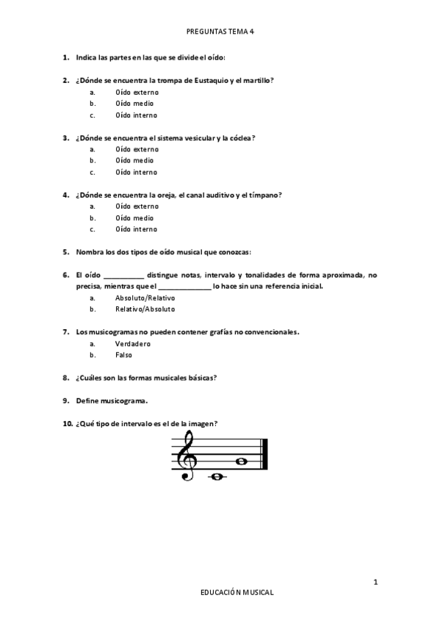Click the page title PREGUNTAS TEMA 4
[220, 32]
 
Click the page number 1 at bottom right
[375, 583]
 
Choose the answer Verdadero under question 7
[133, 343]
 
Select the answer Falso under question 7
[124, 355]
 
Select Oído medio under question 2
[134, 104]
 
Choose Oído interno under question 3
[136, 172]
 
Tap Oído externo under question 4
[137, 206]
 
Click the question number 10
[67, 423]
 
